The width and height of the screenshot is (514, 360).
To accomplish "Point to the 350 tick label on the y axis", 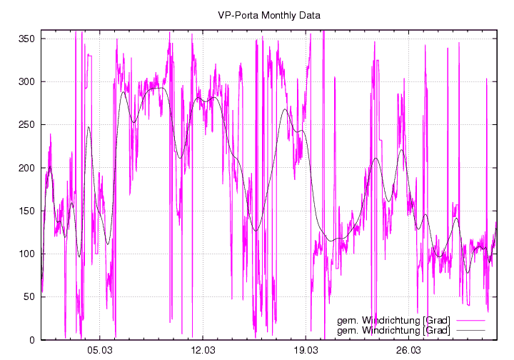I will (26, 39).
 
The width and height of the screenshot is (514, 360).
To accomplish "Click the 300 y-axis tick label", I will (26, 81).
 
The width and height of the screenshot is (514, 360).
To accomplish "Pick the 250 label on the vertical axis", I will (26, 124).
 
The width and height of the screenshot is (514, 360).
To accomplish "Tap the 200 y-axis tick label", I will (26, 168).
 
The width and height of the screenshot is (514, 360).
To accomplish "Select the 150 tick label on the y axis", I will (26, 211).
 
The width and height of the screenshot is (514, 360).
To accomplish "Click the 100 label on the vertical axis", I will (26, 254).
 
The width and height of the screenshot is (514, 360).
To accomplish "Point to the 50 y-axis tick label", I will (29, 296).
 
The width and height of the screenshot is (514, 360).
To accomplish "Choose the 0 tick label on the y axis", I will (32, 340).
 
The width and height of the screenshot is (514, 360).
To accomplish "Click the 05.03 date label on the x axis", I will (100, 351).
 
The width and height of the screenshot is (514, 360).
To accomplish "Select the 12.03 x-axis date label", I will (203, 351).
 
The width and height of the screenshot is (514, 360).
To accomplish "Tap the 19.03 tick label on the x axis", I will (306, 351).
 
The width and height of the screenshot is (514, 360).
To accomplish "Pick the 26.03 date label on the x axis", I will (408, 351).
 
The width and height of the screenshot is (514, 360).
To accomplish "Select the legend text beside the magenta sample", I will (393, 319).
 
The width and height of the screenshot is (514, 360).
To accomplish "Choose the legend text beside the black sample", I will (393, 330).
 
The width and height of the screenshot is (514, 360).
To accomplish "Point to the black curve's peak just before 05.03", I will (89, 127).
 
